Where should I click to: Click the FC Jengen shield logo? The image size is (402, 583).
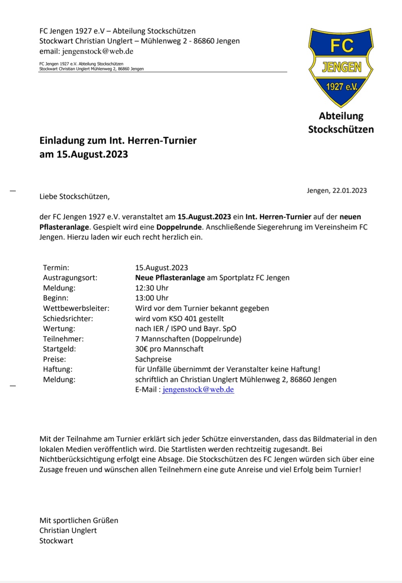point(341,67)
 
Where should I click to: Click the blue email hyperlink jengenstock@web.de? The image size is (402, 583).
point(198,390)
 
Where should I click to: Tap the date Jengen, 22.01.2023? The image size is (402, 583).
point(337,190)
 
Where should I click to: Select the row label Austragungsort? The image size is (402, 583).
point(70,278)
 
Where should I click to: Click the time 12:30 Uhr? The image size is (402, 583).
point(152,288)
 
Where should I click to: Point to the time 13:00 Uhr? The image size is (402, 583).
point(152,298)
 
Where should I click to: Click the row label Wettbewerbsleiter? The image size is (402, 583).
point(76,308)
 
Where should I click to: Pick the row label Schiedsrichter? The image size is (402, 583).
point(68,318)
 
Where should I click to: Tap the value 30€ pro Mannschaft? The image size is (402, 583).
point(169,349)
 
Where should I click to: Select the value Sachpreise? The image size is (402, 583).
point(153,359)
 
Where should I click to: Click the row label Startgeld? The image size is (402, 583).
point(59,349)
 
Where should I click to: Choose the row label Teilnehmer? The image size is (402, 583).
point(63,339)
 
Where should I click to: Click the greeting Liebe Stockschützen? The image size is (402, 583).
point(74,197)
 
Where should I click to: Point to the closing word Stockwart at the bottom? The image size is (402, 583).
point(56,541)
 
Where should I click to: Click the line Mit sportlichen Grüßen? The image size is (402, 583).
point(78,520)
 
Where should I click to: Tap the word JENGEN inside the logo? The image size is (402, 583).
point(341,67)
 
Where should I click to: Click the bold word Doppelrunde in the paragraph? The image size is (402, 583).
point(179,227)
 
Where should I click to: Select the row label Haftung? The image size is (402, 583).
point(57,369)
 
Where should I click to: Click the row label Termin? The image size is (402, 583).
point(56,267)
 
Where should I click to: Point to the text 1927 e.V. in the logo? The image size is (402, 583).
point(341,87)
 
